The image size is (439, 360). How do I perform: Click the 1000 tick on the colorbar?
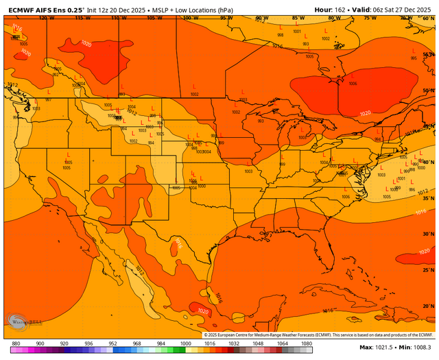185,343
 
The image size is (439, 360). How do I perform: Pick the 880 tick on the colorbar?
15,343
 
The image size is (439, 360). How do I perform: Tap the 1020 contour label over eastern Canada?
365,113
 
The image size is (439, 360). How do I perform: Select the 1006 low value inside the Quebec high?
353,84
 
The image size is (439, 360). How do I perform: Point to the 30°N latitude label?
428,234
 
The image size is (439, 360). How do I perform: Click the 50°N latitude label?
428,91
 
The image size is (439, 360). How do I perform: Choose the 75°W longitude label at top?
370,19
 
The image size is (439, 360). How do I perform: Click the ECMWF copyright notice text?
319,335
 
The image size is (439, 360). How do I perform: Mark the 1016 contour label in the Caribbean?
328,311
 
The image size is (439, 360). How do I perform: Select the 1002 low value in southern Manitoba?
195,94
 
